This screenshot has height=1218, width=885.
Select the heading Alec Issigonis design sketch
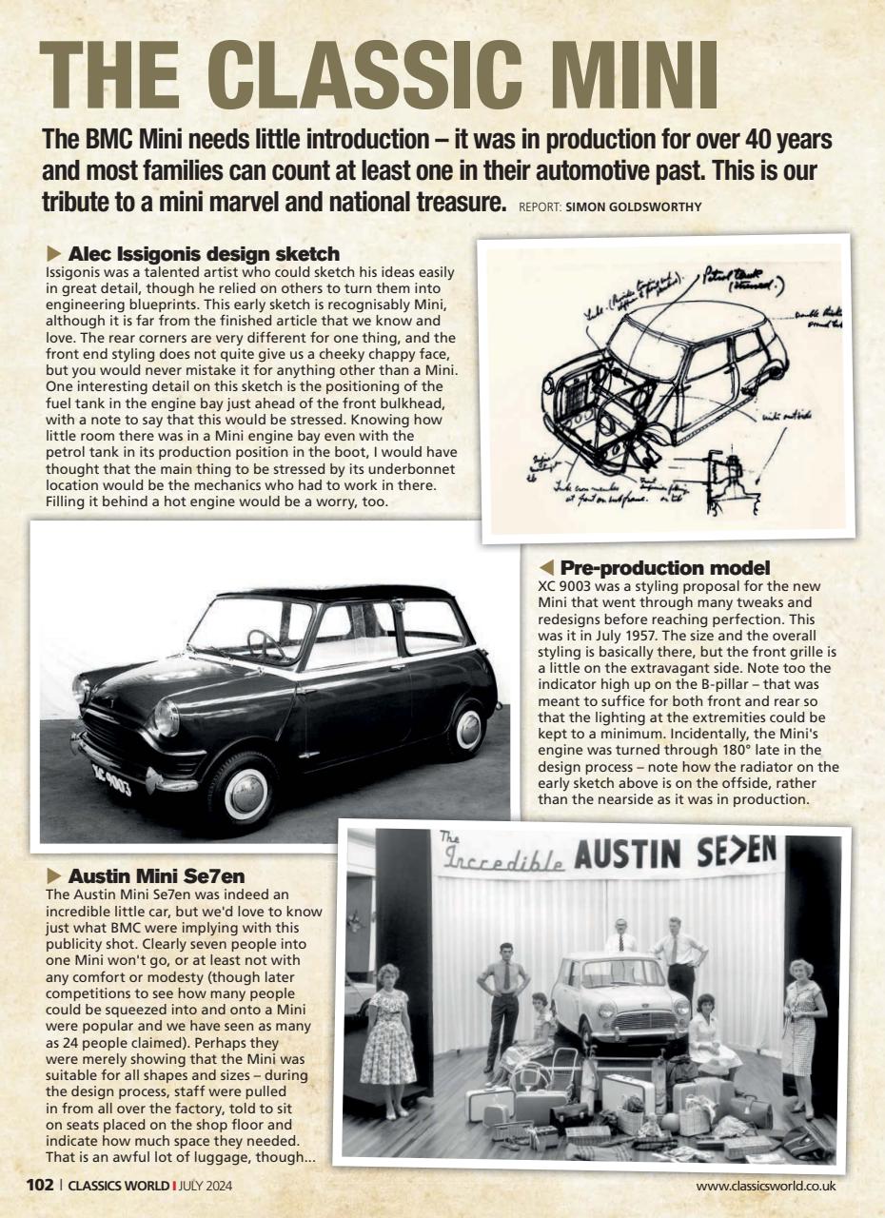click(204, 254)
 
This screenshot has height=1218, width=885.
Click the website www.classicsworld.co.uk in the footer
click(766, 1186)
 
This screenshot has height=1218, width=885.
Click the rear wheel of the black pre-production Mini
click(467, 727)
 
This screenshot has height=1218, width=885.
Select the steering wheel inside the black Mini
click(267, 644)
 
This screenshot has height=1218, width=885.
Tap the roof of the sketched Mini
click(685, 319)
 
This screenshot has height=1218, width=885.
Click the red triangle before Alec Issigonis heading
click(53, 254)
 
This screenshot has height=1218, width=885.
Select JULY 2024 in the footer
click(206, 1186)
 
